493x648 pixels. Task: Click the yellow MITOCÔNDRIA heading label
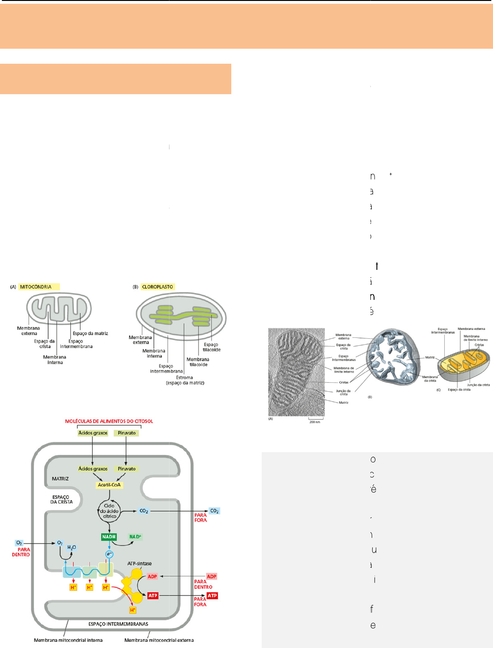[39, 287]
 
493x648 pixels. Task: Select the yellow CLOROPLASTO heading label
[158, 287]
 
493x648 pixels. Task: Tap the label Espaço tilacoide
[212, 347]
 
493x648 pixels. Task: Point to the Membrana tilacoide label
[198, 362]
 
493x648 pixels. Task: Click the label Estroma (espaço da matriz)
[185, 380]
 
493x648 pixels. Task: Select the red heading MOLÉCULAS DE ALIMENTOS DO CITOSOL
[109, 421]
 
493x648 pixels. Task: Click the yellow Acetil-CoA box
[109, 485]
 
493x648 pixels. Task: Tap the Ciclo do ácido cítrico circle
[109, 511]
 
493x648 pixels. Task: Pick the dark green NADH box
[109, 536]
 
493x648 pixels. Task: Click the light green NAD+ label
[135, 536]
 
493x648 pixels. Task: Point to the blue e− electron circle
[110, 554]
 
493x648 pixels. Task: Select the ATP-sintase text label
[140, 564]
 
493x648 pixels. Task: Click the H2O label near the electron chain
[72, 547]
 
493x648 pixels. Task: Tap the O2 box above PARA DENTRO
[19, 543]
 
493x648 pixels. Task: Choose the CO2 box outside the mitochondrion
[214, 511]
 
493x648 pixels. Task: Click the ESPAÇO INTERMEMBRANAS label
[118, 624]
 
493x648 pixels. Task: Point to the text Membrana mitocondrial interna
[68, 640]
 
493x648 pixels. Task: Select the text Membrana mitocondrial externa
[159, 640]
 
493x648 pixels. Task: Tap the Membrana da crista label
[430, 379]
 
